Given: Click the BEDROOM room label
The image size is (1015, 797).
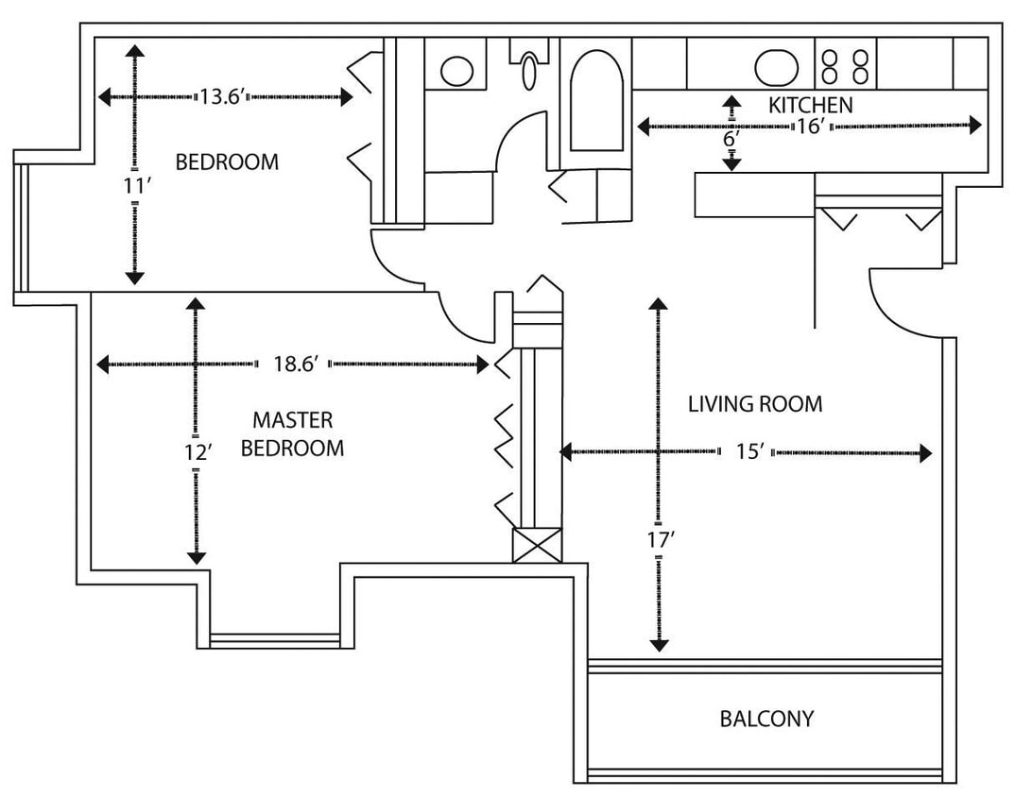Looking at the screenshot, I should [227, 161].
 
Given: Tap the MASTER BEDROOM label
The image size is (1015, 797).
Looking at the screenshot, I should [292, 433].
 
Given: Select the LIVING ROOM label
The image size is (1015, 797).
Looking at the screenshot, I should [754, 404].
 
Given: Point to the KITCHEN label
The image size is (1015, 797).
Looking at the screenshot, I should [810, 105].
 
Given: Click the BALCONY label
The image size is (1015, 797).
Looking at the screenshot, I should [766, 719].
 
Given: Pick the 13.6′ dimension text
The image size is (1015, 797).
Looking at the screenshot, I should [223, 96].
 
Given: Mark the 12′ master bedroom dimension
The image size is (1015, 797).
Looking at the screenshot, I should [196, 452].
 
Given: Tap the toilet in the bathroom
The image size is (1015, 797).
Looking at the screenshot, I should [533, 67].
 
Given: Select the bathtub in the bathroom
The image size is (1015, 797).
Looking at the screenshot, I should [597, 98].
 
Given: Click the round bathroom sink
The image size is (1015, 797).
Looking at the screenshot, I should [458, 71].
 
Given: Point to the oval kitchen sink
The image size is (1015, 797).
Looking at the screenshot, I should [777, 67].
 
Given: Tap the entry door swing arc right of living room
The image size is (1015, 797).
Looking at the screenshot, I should [903, 307].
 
